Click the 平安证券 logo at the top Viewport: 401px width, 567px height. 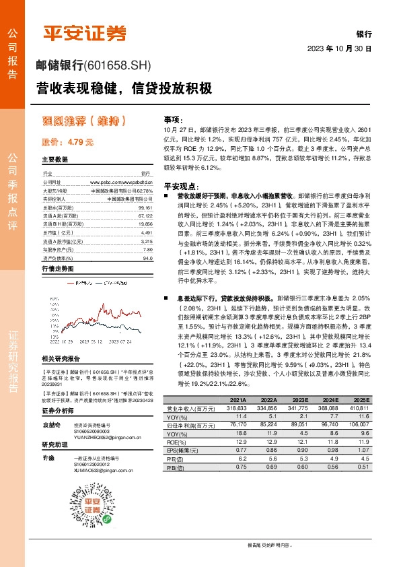[85, 33]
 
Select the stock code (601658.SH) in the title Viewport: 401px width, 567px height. [120, 65]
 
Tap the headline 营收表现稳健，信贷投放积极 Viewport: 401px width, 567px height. [124, 88]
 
